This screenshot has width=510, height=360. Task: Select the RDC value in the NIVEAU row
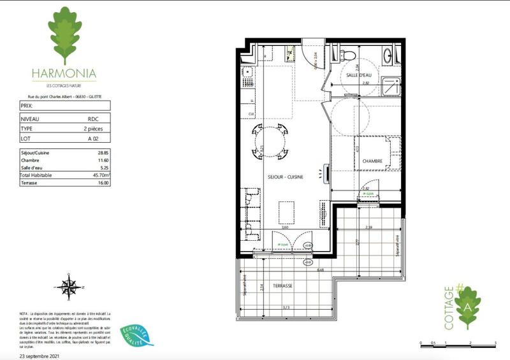tap(93, 119)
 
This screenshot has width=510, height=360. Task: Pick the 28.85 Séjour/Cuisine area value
tap(102, 153)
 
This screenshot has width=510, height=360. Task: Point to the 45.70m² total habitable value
tap(101, 175)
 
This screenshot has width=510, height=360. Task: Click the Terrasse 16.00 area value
tap(102, 182)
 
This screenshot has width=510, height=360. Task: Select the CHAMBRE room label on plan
tap(372, 161)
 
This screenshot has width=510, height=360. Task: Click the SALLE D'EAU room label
tap(359, 76)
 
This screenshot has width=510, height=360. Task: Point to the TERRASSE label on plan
tap(283, 286)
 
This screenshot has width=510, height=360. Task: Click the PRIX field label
tap(26, 106)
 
